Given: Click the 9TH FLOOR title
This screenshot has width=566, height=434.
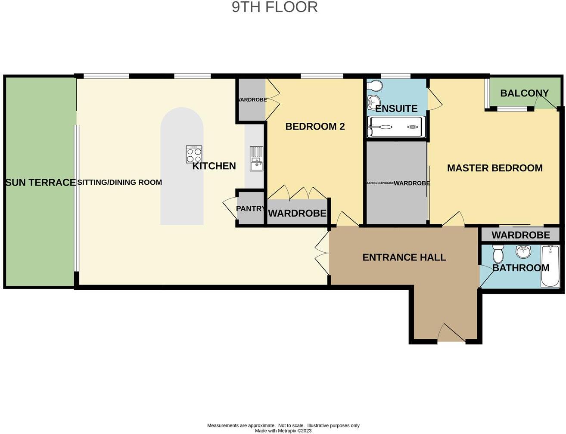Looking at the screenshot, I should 275,7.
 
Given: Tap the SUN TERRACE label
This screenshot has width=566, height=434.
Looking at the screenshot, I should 40,183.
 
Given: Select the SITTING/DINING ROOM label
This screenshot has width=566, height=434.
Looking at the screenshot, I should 120,183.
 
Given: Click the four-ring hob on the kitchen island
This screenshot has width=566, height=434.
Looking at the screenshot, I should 194,154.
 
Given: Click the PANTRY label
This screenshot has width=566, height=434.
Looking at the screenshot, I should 250,209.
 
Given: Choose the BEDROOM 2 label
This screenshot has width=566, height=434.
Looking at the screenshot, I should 315,127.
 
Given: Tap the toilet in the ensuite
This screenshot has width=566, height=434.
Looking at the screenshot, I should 374,86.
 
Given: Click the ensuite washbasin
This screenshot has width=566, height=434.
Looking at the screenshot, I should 372,102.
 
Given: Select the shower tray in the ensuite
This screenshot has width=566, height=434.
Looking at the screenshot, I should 396,127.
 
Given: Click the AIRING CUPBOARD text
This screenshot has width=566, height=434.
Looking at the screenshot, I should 380,183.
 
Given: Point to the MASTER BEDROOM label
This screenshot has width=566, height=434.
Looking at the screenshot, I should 494,168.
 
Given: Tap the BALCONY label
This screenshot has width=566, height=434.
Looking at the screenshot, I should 524,93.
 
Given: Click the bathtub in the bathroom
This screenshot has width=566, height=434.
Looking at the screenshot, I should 550,266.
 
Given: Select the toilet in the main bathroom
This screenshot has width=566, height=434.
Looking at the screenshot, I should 498,254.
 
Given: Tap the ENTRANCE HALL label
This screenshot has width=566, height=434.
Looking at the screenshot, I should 404,257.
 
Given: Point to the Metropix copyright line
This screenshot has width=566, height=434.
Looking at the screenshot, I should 283,431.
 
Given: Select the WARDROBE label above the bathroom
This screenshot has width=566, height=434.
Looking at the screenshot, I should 520,235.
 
